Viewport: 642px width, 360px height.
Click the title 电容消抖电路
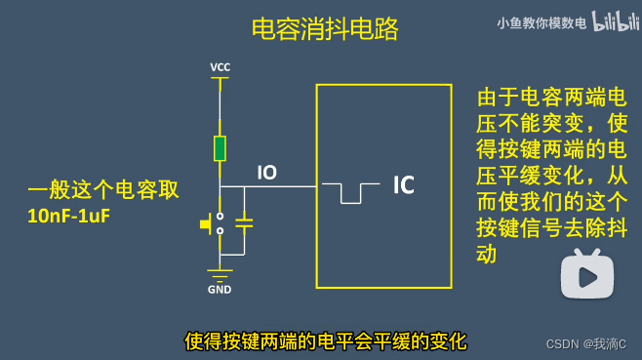click(325, 29)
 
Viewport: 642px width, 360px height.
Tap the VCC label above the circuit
click(221, 67)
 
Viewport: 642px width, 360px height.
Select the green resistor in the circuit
click(221, 148)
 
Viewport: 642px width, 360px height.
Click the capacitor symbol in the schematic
click(244, 223)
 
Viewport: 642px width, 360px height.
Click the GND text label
click(220, 290)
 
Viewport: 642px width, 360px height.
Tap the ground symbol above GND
click(221, 272)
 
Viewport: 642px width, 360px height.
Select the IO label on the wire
click(266, 173)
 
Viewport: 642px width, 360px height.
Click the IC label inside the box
click(404, 184)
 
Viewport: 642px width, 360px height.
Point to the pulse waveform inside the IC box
click(351, 192)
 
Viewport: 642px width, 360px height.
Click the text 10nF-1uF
click(69, 216)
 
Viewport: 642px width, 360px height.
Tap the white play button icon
click(586, 276)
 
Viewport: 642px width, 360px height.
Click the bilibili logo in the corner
click(614, 21)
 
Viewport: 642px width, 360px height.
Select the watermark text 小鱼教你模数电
click(542, 22)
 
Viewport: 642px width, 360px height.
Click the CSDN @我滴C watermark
click(585, 344)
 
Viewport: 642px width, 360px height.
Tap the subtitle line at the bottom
click(326, 341)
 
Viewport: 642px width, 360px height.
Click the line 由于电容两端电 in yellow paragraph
click(551, 98)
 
